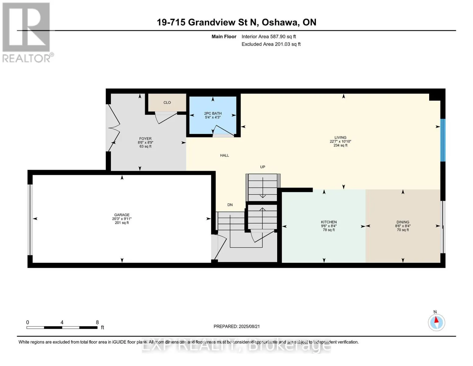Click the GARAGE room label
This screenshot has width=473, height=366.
(x=122, y=215)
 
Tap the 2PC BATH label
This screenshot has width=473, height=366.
(x=213, y=113)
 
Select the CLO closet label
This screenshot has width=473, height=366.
(x=167, y=102)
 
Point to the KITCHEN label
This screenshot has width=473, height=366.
(x=329, y=222)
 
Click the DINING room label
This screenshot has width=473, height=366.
(x=403, y=222)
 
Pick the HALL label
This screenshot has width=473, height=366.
(x=224, y=156)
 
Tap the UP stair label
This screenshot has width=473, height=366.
(x=263, y=167)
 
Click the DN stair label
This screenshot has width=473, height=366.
(x=230, y=205)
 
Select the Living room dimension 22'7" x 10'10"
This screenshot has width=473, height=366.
(x=341, y=141)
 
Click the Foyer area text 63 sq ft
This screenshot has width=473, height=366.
(x=145, y=146)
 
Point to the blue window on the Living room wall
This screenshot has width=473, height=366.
(x=443, y=140)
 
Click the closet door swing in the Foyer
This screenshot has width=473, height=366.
(x=166, y=118)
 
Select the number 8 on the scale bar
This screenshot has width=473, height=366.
(x=97, y=322)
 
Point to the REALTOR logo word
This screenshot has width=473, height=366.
(x=26, y=59)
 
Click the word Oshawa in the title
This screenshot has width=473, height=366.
(x=280, y=23)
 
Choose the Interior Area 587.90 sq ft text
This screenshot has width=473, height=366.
(x=269, y=37)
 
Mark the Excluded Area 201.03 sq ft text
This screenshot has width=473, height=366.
(x=271, y=44)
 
